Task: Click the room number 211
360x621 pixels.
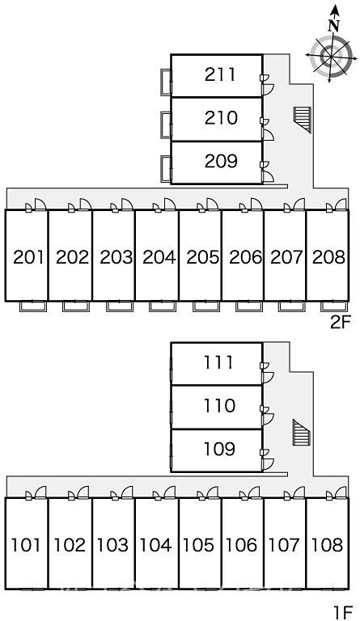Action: click(x=220, y=74)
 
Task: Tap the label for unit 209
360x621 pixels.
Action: click(x=221, y=161)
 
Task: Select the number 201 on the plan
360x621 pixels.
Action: click(x=28, y=257)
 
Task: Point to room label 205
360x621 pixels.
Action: click(x=202, y=257)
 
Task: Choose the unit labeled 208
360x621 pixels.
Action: click(x=328, y=257)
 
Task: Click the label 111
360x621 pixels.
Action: click(x=218, y=362)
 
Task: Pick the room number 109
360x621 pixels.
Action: click(x=219, y=449)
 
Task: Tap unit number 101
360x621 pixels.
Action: click(x=26, y=545)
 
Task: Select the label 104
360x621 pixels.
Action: click(x=155, y=545)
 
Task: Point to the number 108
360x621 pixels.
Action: click(x=327, y=545)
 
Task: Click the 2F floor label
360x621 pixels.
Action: click(x=341, y=323)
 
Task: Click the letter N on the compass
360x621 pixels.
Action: click(x=335, y=26)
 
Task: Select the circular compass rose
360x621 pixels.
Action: click(x=331, y=56)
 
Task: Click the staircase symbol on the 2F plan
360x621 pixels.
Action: click(x=303, y=119)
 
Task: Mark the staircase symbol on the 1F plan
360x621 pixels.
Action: click(x=302, y=433)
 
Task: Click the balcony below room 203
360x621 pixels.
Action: click(x=120, y=306)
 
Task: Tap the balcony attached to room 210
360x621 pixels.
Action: click(x=166, y=125)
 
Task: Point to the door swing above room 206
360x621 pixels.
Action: click(x=256, y=204)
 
